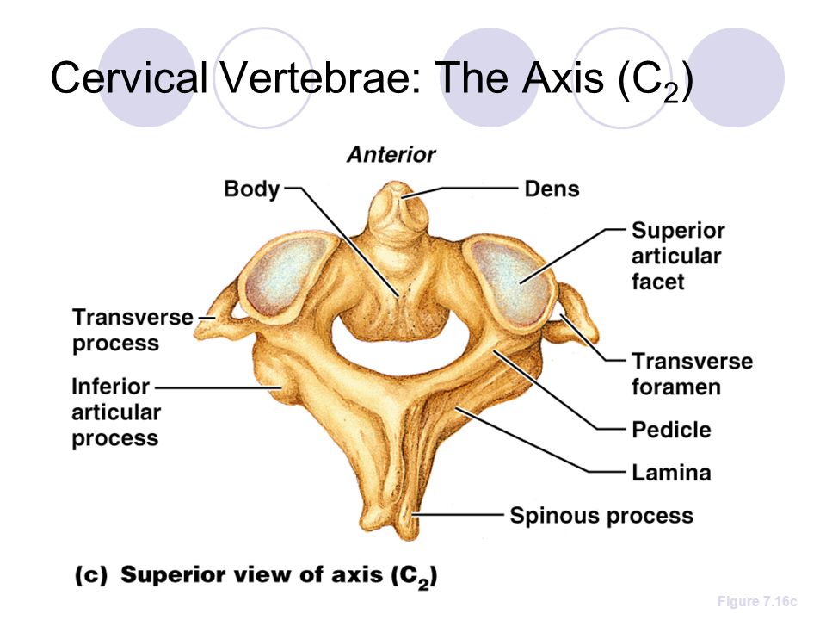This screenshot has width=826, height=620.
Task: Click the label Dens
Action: point(552,189)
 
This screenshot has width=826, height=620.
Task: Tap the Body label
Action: point(252,189)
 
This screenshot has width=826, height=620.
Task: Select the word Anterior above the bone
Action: point(391,154)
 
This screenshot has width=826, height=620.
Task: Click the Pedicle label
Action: point(671,430)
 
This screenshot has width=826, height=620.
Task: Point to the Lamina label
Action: point(671,473)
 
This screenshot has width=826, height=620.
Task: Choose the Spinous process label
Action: point(601,516)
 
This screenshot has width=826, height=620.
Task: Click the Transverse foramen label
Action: point(692,374)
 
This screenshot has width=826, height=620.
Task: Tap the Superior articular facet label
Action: point(678,256)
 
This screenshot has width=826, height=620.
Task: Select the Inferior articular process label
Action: point(116,412)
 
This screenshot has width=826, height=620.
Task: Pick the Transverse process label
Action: point(133,330)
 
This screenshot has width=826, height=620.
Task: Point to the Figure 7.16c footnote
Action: point(757,602)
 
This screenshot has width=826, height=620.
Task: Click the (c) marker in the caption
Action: point(90,574)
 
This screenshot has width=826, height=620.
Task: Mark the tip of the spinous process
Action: point(409,532)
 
